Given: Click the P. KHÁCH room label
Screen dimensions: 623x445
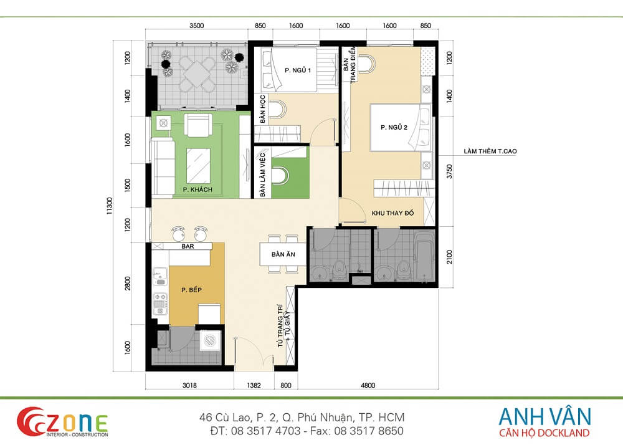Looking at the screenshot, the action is tap(197, 189).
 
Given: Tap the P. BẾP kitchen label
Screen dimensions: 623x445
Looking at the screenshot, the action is tap(191, 290).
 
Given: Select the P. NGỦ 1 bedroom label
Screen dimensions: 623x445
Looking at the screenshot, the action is tap(298, 70).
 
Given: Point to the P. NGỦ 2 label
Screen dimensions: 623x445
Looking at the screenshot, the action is tap(394, 127).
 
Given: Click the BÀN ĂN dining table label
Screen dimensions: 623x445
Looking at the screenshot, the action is tap(283, 254).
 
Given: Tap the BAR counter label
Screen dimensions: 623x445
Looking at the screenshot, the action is tap(188, 246).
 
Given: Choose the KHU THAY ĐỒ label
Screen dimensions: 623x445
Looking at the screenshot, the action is tap(392, 213).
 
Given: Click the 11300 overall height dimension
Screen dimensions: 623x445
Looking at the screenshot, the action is tap(110, 206).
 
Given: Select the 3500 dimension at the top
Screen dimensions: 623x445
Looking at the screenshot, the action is tap(196, 26).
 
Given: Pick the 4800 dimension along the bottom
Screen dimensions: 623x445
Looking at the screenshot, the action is tap(368, 385).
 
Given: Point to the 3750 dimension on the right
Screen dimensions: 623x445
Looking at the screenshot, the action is tap(449, 171).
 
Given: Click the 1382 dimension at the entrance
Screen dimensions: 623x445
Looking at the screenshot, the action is tap(254, 385).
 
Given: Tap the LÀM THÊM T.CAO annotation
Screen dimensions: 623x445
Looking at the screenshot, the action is tap(490, 151).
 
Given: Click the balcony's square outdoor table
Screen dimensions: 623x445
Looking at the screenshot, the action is tap(197, 74).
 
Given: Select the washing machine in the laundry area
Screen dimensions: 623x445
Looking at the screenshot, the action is tap(209, 340).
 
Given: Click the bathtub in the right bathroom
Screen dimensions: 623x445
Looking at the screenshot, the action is tap(423, 257).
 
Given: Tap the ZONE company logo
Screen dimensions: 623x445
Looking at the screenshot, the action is tap(62, 421).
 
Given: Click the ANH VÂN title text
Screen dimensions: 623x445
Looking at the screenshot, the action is tap(545, 416).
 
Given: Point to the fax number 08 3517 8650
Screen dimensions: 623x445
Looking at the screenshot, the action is tap(368, 431).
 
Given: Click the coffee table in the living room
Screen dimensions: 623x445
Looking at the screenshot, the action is tap(198, 166).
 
